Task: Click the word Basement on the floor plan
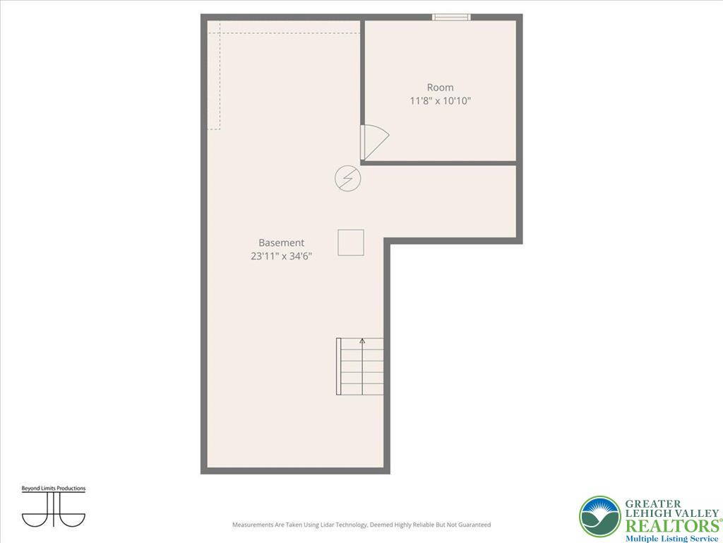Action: pos(281,243)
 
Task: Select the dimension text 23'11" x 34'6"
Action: pos(281,257)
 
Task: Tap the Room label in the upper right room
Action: pos(440,88)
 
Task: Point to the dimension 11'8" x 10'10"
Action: pos(440,101)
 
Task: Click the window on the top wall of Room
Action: pos(451,17)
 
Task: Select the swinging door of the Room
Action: pos(372,142)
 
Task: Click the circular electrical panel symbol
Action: pos(347,177)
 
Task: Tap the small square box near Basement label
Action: pos(350,242)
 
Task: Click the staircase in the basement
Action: pos(361,366)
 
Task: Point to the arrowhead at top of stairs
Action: pos(362,341)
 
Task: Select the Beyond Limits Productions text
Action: pos(53,489)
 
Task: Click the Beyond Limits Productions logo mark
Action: pos(53,510)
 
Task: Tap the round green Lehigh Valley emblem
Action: pos(599,517)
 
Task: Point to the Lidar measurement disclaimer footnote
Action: pos(361,525)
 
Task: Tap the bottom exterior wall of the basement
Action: pos(295,469)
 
